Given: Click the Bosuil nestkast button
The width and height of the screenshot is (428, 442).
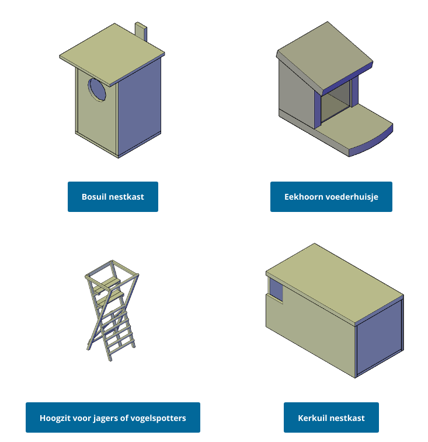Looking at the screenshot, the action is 113,196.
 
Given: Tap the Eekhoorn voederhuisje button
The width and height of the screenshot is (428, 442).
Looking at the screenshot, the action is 331,196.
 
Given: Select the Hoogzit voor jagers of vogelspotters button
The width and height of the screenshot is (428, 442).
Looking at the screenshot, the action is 113,417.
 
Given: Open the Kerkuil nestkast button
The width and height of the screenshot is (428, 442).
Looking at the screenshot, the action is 331,417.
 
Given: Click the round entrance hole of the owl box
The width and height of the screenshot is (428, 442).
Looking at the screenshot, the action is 97,89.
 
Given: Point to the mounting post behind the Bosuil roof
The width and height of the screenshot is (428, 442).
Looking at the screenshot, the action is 141,32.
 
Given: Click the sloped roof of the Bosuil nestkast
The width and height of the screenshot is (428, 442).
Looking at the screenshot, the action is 112,54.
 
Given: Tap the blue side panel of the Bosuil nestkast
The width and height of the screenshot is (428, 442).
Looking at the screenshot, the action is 140,107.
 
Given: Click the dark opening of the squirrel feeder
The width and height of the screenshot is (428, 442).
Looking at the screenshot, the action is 336,103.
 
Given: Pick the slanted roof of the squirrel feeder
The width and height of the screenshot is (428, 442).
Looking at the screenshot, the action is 325,57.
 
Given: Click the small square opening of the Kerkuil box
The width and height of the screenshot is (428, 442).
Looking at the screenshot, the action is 276,290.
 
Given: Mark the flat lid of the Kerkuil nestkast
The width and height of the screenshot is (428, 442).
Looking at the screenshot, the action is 335,284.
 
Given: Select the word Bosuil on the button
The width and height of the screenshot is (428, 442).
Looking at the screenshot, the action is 93,196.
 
